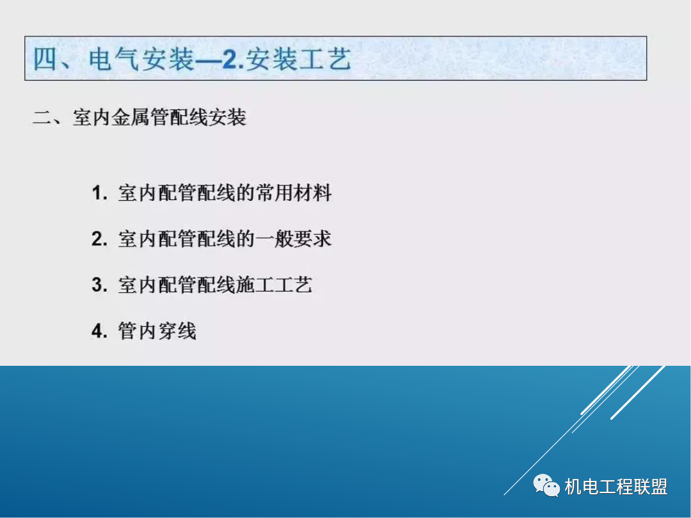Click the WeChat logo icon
[x=546, y=486]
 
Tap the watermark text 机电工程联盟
[x=616, y=487]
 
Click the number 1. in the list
[x=99, y=194]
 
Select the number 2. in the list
[x=99, y=239]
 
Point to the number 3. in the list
[x=99, y=285]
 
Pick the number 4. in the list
[x=99, y=331]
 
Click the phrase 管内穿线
[x=157, y=331]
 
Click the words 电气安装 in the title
[x=141, y=59]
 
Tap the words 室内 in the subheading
[x=91, y=118]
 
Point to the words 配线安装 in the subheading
[x=207, y=118]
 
